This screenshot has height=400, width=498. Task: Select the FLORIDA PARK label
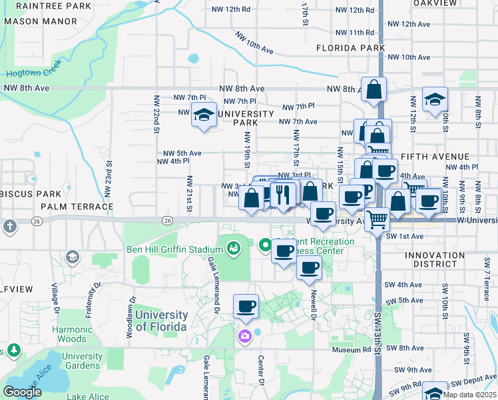pos(350,48)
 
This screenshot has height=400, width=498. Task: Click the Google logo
pos(22,392)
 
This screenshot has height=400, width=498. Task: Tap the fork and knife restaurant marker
pos(284,194)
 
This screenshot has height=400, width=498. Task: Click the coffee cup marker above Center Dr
pos(246,307)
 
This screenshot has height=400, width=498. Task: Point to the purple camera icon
pos(245,335)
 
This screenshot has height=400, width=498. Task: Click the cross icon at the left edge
pos(9,226)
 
